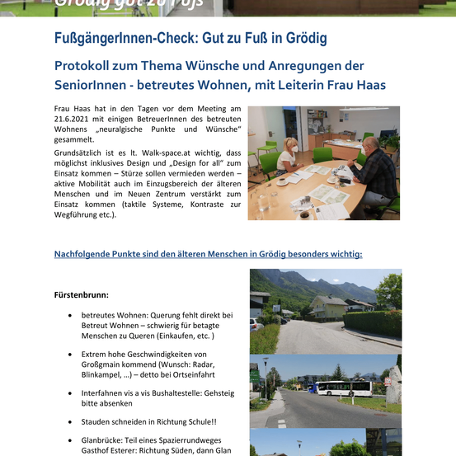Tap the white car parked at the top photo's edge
coord(254,324)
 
